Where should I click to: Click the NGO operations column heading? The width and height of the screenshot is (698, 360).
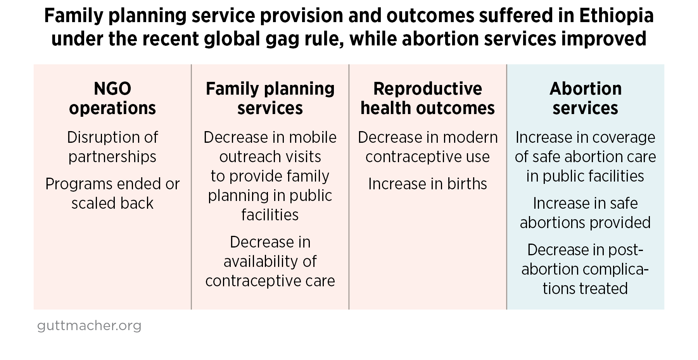coord(112,99)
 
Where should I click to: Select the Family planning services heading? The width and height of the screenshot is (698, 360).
coord(270,99)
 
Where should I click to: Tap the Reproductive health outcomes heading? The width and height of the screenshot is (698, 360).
coord(427,99)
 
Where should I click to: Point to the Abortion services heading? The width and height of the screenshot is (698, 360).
coord(585,99)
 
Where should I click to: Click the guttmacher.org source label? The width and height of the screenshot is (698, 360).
coord(89,325)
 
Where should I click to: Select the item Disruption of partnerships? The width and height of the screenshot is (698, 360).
coord(112,147)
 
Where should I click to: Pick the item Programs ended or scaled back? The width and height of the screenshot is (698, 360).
coord(112,194)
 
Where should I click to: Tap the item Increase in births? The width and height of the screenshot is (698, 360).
coord(427,184)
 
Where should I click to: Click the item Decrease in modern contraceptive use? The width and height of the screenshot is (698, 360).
coord(427,147)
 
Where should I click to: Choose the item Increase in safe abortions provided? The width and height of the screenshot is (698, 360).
coord(585,213)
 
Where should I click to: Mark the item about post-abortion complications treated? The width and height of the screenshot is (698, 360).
coord(585,269)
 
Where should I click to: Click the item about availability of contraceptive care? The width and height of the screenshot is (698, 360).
coord(270,261)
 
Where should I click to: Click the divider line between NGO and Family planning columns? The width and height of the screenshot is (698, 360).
coord(191,186)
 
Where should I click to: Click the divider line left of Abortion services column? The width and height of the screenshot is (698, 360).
coord(506,186)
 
